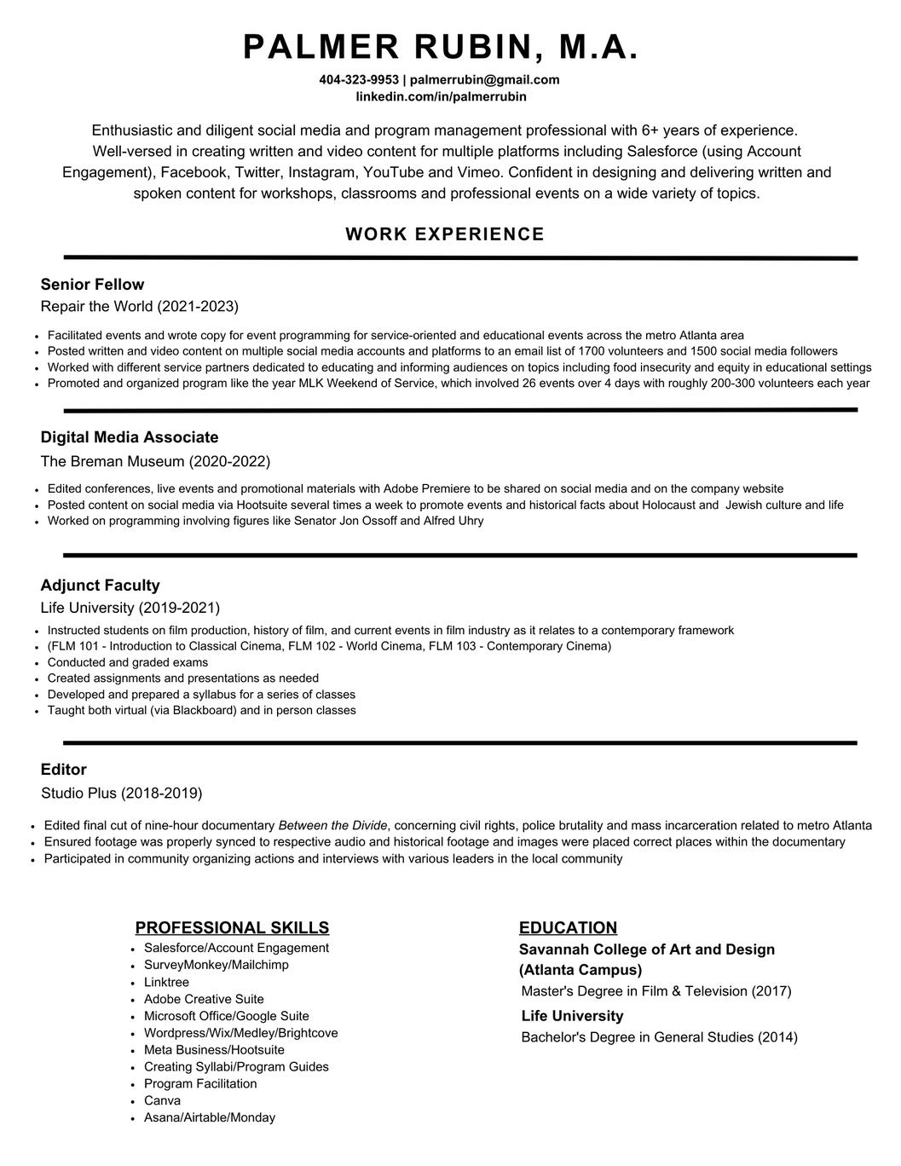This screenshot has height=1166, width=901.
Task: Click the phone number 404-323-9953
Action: (358, 80)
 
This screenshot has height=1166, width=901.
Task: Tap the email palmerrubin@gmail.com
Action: (484, 80)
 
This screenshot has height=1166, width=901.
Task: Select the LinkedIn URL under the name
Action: (441, 96)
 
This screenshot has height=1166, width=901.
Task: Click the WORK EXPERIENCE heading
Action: (445, 234)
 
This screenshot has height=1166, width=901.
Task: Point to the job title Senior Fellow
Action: (92, 285)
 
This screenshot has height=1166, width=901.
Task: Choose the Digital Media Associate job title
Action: (130, 437)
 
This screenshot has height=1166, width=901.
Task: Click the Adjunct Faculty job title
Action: (100, 586)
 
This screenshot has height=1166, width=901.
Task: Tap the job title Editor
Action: (64, 770)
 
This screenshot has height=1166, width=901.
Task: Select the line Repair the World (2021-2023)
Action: (140, 307)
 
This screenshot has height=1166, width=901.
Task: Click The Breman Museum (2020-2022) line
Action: (155, 462)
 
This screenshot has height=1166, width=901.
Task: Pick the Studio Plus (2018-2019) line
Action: (122, 794)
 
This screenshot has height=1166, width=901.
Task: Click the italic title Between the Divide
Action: (332, 826)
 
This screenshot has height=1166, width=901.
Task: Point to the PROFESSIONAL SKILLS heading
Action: (232, 928)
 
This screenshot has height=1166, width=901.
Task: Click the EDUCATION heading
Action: (568, 928)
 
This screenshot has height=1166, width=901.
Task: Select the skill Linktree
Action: (166, 983)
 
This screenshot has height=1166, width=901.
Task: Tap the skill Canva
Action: (162, 1101)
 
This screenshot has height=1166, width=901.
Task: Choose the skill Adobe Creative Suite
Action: (204, 1000)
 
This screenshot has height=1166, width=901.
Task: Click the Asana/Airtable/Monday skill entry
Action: (209, 1118)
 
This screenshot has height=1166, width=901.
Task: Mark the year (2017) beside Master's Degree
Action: (771, 991)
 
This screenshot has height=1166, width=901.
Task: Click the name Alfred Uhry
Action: (453, 521)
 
